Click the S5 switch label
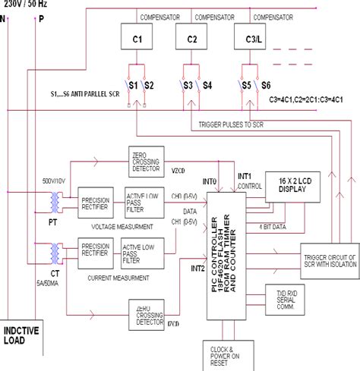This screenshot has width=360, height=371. click(246, 86)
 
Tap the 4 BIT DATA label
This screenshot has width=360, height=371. click(272, 225)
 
